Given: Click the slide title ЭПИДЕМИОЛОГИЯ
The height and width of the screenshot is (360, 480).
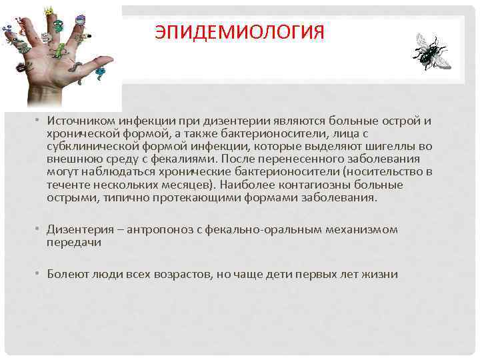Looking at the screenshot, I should [239, 32].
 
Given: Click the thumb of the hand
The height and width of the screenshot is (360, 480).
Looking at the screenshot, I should [99, 64].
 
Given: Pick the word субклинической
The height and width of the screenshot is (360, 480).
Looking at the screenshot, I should [89, 146].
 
